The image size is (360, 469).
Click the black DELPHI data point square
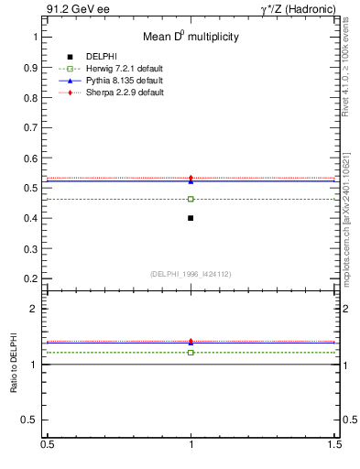coord(191,218)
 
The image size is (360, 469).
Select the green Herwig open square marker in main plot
coord(191,199)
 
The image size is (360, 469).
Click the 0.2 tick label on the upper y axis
coord(32,278)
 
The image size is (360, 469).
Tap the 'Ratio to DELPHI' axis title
coord(14,366)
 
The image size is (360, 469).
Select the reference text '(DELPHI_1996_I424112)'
coord(191,273)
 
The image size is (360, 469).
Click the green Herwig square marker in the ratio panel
coord(191,352)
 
